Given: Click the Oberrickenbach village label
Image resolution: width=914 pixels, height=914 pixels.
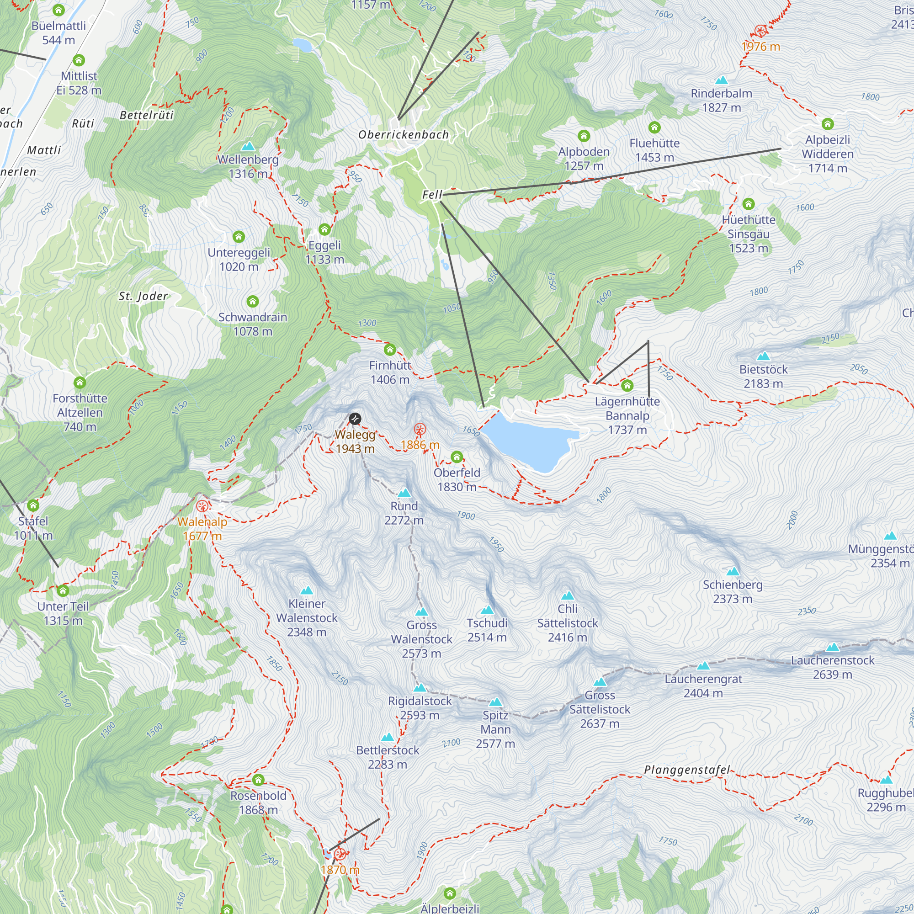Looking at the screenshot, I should click(x=404, y=135).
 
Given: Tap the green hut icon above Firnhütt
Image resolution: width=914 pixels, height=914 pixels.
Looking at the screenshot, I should click(x=390, y=350).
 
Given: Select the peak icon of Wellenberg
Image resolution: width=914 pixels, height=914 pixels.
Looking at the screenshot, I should click(x=248, y=146).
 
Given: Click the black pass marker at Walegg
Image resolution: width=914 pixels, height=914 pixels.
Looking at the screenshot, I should click(x=355, y=419).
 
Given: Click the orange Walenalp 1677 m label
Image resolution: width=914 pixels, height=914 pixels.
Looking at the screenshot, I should click(x=202, y=528).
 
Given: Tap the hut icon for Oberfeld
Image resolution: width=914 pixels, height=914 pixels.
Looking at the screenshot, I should click(x=457, y=457).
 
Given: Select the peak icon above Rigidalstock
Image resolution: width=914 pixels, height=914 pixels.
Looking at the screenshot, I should click(x=420, y=688).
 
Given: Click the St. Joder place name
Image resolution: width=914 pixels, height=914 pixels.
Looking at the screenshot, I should click(x=143, y=296).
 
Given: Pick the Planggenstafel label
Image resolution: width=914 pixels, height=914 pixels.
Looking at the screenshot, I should click(x=687, y=770).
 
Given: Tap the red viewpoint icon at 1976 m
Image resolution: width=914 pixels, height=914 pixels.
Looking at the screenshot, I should click(x=760, y=32).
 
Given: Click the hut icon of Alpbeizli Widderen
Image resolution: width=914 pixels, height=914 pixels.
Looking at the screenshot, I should click(x=828, y=124).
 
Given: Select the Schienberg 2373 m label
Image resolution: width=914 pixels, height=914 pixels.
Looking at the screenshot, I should click(x=732, y=592).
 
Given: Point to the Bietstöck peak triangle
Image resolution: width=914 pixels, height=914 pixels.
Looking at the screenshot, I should click(x=763, y=356).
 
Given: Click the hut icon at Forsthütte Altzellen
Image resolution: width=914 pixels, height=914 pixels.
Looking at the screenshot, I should click(x=80, y=382).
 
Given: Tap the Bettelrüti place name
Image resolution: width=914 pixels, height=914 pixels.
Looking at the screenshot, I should click(x=147, y=115).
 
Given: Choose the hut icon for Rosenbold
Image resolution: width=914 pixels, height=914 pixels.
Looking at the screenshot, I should click(x=258, y=780).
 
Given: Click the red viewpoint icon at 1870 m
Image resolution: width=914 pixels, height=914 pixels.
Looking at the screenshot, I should click(x=340, y=855).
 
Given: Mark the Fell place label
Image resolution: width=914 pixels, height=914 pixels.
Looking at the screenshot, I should click(x=432, y=194).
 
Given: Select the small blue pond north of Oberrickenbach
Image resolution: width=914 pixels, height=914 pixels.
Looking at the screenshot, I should click(x=302, y=45).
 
